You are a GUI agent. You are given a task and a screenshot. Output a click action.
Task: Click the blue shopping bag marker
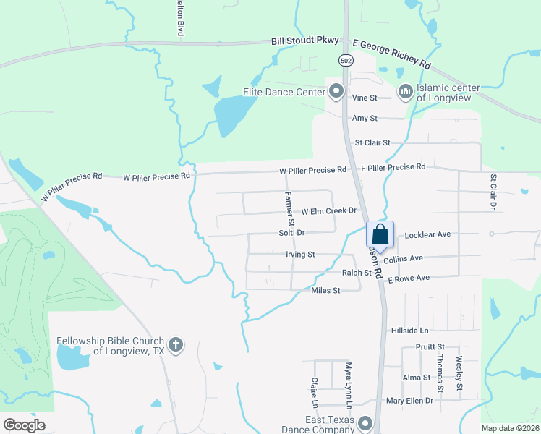point(380,235)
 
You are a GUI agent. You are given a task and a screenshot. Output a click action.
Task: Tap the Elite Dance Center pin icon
point(336,91)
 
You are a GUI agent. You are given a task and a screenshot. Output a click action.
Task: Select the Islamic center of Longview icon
point(404,91)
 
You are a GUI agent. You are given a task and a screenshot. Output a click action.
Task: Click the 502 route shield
point(346,61)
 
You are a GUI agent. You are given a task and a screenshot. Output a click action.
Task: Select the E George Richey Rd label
point(391,54)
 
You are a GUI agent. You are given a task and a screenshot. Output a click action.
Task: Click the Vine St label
point(365,98)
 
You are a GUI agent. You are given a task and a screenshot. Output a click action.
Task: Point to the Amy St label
point(365,118)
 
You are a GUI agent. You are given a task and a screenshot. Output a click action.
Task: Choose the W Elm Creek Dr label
point(330,211)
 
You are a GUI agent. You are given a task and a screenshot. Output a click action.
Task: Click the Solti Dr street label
point(291,233)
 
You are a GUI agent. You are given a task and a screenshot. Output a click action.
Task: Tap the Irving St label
point(300,255)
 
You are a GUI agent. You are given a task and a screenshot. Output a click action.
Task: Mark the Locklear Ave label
point(428,234)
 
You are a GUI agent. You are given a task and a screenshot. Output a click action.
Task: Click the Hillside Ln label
point(410,330)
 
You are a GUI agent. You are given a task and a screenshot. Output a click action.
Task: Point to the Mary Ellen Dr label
point(409,400)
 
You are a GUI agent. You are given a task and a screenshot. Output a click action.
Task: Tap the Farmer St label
point(288,205)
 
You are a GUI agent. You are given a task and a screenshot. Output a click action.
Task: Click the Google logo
point(25,425)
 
